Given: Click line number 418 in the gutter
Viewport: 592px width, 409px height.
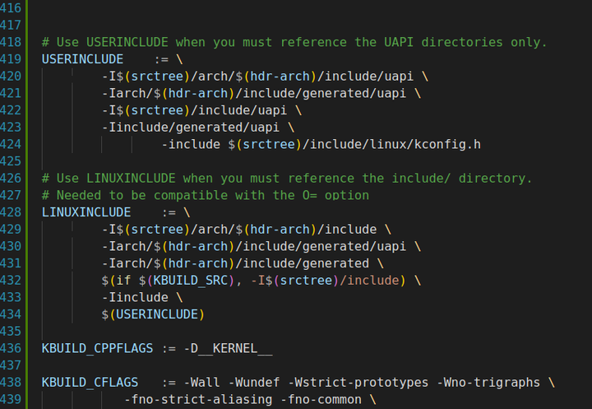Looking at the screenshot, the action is click(x=12, y=42).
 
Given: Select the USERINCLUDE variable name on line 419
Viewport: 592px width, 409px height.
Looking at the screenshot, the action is click(x=82, y=59).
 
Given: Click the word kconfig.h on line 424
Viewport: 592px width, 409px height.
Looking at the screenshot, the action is click(x=447, y=144).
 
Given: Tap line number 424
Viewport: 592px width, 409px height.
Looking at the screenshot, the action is click(x=12, y=144).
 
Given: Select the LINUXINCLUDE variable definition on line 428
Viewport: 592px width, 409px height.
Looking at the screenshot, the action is click(x=86, y=212).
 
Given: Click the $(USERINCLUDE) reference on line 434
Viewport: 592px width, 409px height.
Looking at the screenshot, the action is click(x=153, y=314).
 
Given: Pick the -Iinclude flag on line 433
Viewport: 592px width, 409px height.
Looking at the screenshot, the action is click(x=135, y=298).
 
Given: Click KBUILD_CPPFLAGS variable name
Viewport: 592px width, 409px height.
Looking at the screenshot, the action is click(x=97, y=349).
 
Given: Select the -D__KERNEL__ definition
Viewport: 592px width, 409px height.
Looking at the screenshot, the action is click(x=227, y=349).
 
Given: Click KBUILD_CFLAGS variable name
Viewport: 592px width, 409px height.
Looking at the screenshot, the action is click(x=90, y=383).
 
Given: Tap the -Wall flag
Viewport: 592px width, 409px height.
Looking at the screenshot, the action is click(x=201, y=383).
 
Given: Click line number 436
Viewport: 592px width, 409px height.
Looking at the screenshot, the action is click(x=12, y=349).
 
